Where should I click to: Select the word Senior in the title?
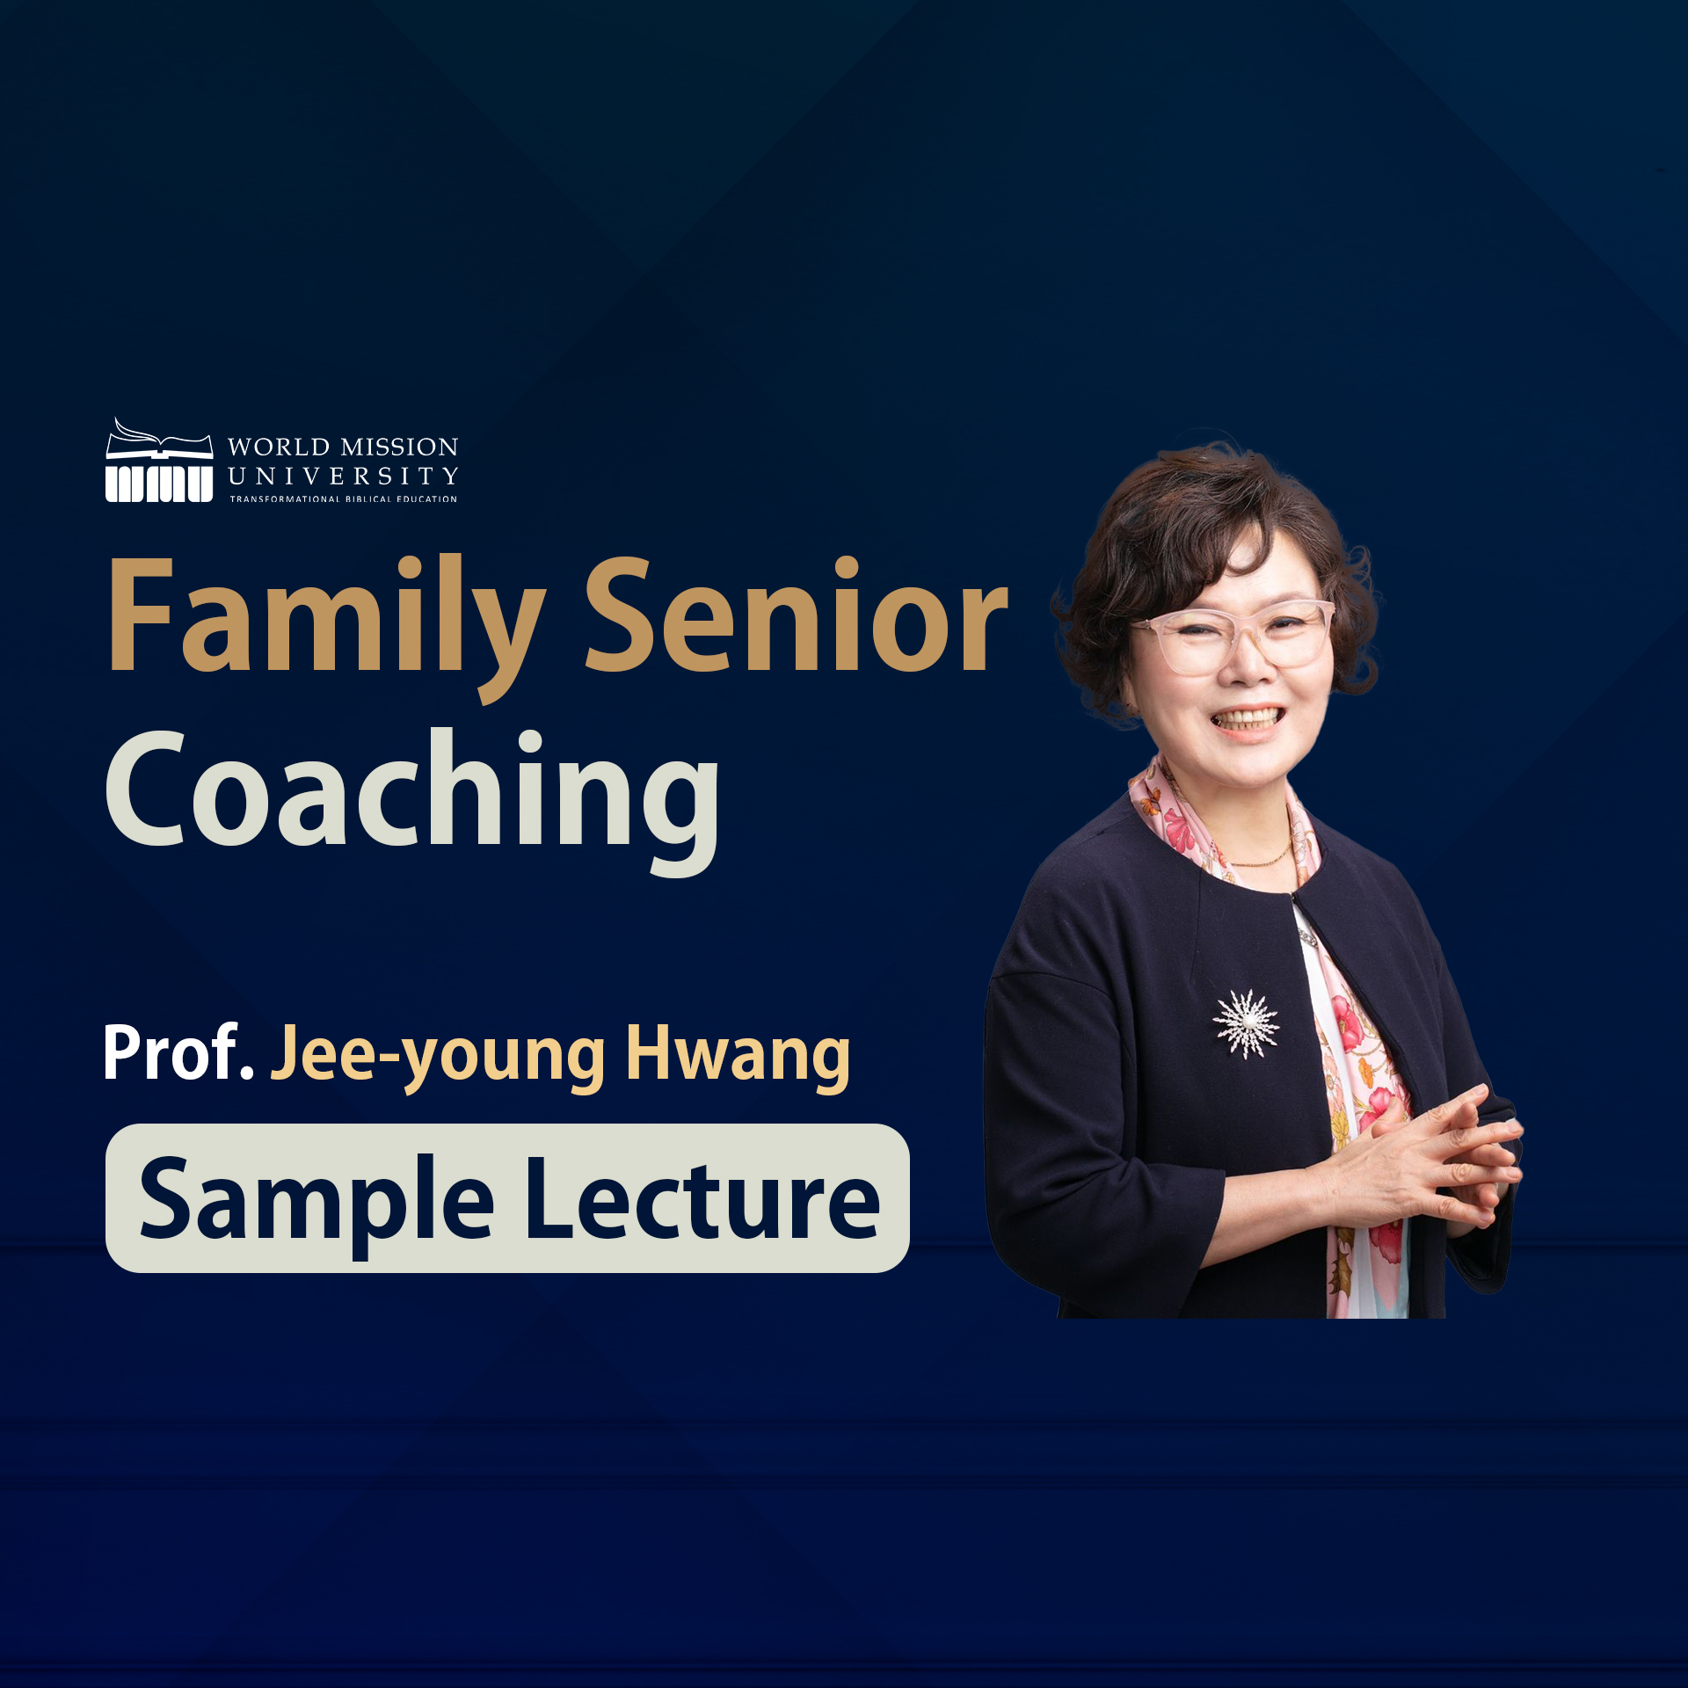pyautogui.click(x=797, y=615)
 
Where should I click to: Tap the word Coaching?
pyautogui.click(x=412, y=800)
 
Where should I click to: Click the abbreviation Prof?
pyautogui.click(x=179, y=1052)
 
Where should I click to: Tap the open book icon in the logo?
pyautogui.click(x=159, y=439)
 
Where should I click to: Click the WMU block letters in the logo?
pyautogui.click(x=159, y=484)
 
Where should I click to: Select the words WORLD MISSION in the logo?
pyautogui.click(x=343, y=447)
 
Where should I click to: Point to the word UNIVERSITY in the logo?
pyautogui.click(x=343, y=477)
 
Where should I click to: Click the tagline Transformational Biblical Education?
pyautogui.click(x=343, y=498)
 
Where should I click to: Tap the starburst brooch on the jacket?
pyautogui.click(x=1246, y=1022)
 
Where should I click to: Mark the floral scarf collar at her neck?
pyautogui.click(x=1222, y=822)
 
